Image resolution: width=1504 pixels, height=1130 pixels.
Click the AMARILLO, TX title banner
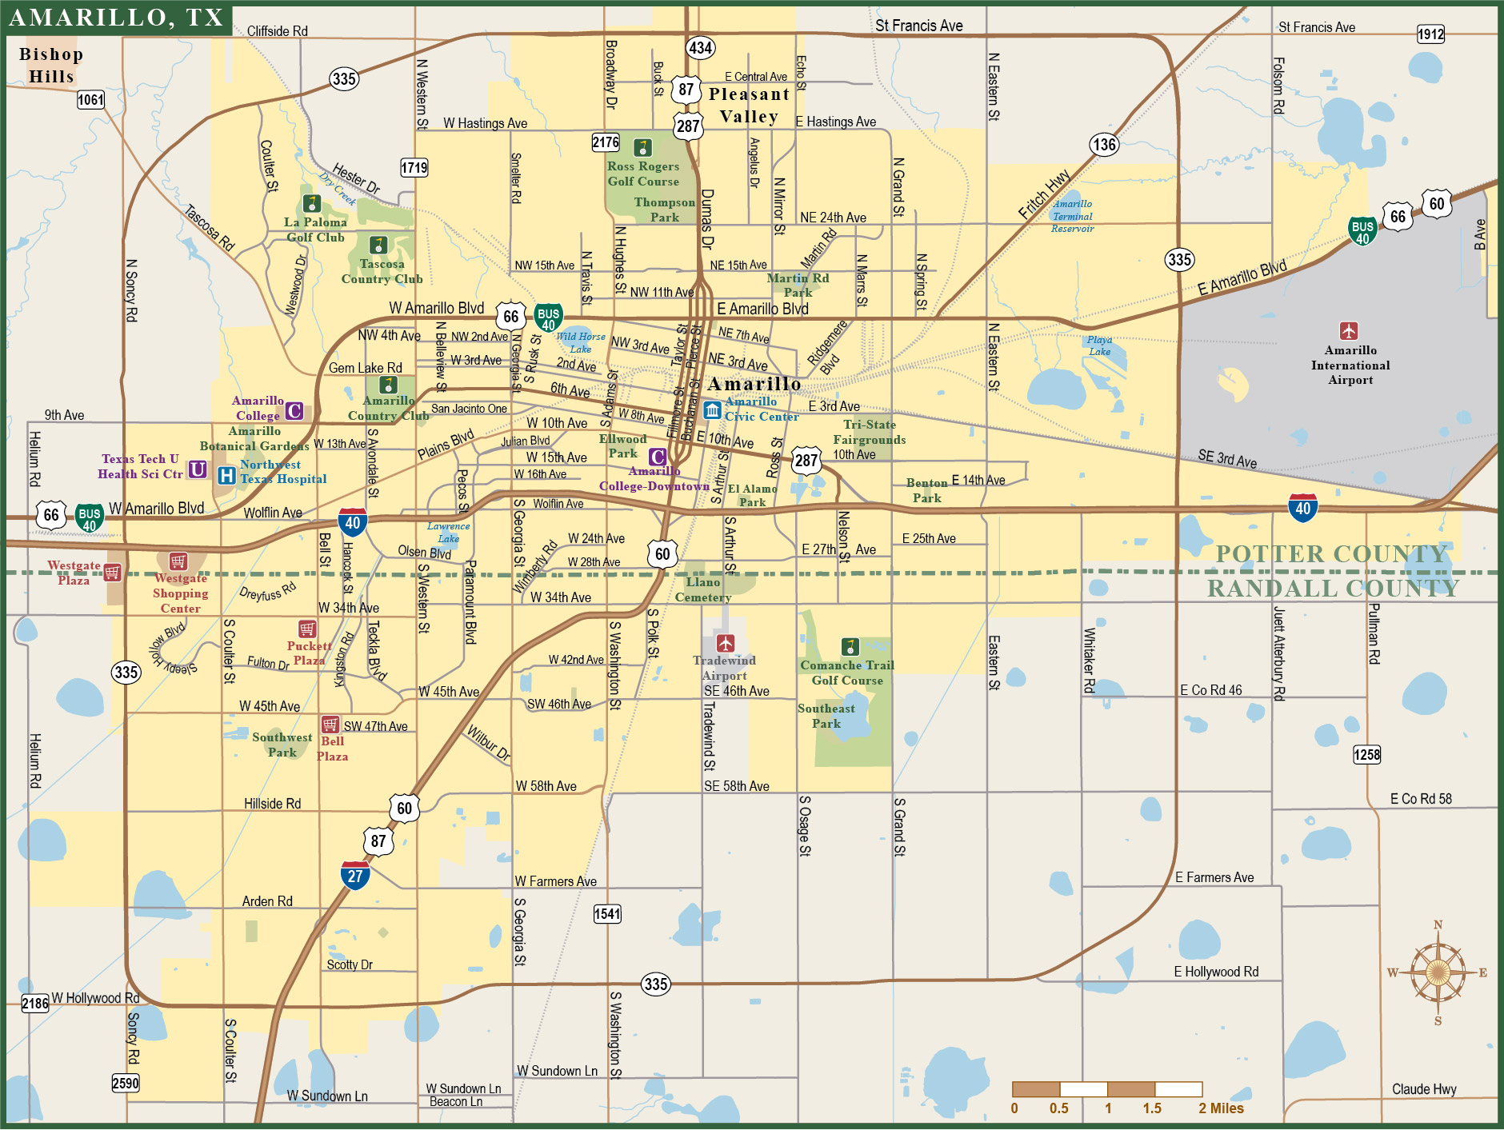[x=117, y=18]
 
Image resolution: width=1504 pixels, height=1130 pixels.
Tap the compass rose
[x=1438, y=972]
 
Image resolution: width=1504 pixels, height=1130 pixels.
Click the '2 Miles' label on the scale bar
[x=1221, y=1108]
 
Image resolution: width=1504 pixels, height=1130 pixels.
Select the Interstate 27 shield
[x=355, y=874]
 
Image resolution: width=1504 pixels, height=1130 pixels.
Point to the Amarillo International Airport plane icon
[x=1349, y=330]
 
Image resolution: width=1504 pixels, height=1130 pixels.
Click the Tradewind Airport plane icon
[x=726, y=643]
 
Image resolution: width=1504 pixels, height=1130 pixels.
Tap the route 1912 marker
[x=1430, y=34]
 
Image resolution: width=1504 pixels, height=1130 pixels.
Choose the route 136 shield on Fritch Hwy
[x=1104, y=145]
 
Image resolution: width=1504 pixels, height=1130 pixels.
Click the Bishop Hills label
[x=51, y=66]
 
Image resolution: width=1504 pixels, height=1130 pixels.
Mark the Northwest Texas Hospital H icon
[x=226, y=476]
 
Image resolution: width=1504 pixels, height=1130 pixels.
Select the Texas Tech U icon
[x=198, y=469]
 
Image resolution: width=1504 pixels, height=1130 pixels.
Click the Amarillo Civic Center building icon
[x=712, y=410]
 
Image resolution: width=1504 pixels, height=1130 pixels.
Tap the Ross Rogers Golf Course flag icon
[x=642, y=148]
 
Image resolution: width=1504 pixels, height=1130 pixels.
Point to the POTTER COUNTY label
[x=1331, y=553]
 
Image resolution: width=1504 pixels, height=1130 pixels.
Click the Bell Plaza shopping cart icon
[x=330, y=725]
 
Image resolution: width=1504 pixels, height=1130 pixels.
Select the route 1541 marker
[x=607, y=914]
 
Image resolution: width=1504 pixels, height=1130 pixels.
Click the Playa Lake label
[x=1099, y=345]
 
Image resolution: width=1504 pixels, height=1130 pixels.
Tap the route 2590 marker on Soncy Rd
[x=125, y=1084]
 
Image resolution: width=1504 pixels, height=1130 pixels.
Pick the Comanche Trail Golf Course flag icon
[x=850, y=646]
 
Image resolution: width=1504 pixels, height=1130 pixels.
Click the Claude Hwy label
[x=1424, y=1089]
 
